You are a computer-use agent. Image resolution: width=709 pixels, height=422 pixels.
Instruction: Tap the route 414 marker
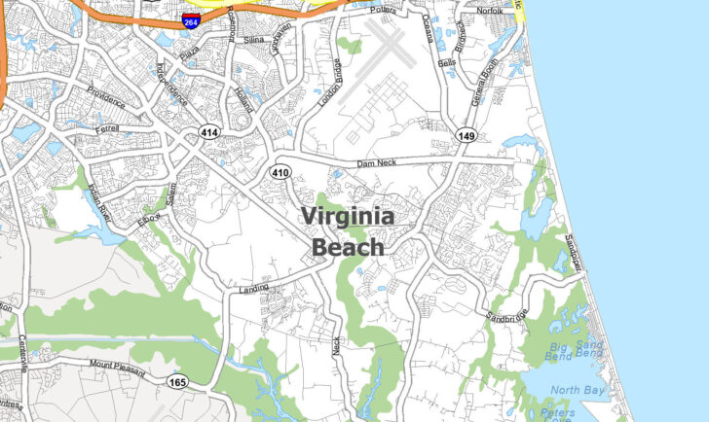[208, 131]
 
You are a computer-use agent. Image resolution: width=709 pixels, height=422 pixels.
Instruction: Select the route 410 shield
[281, 172]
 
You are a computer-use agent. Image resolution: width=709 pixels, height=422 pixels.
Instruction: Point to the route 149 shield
[466, 136]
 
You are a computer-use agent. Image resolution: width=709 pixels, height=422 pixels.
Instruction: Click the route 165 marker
[176, 381]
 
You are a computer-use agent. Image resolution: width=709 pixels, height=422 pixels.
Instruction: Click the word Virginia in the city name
[348, 217]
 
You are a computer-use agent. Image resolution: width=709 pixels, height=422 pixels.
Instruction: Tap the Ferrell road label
[106, 129]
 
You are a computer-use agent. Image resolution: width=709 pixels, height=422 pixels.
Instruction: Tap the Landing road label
[253, 287]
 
